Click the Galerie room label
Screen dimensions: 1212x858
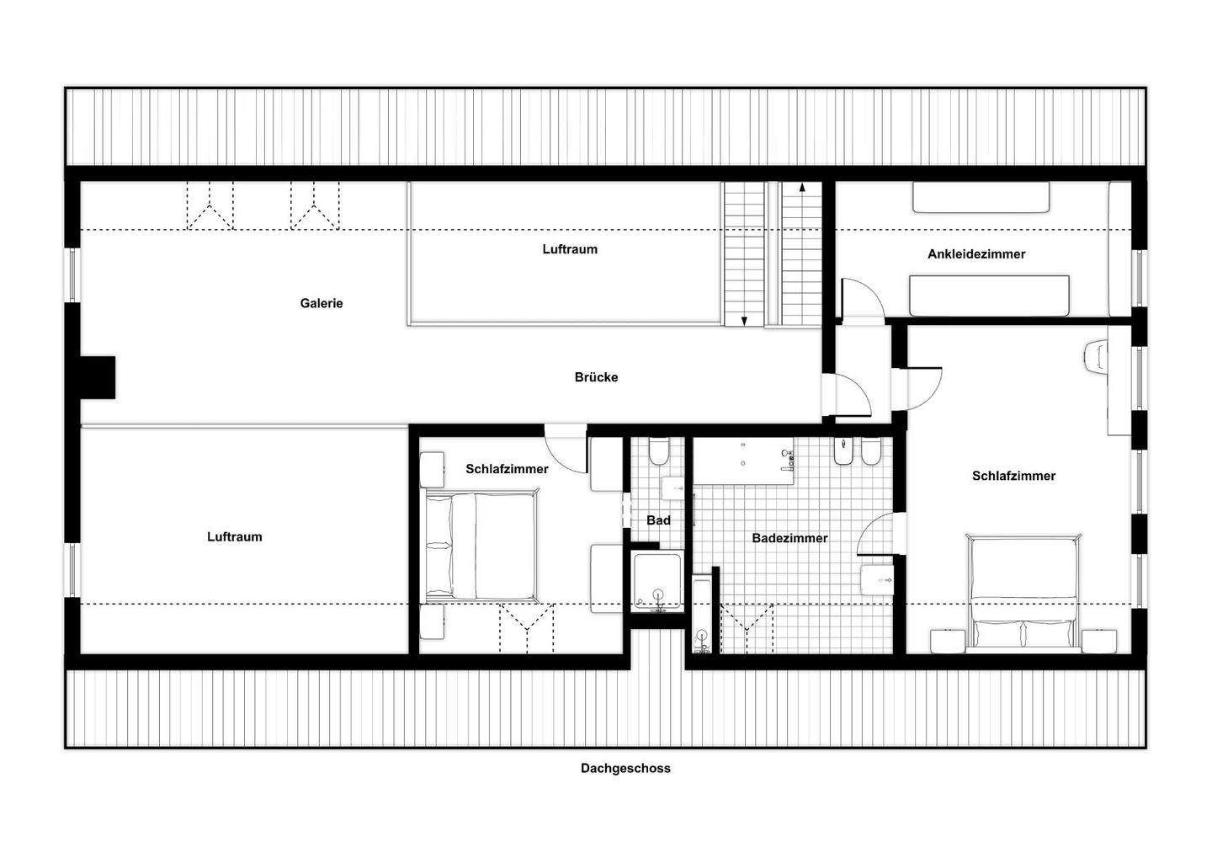(x=322, y=303)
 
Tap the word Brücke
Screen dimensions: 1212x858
(x=596, y=377)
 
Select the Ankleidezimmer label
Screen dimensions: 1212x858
(x=976, y=254)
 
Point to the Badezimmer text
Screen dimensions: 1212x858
(x=789, y=538)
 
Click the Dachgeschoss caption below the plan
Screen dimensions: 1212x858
(x=625, y=768)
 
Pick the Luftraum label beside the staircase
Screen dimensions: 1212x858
(x=570, y=249)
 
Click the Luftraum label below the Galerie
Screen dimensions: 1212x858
(x=234, y=536)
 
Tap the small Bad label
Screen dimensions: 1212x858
(x=658, y=520)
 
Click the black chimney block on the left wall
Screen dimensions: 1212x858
(x=98, y=377)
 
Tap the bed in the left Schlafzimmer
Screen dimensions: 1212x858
(x=481, y=546)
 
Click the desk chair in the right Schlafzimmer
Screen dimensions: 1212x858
(x=1095, y=356)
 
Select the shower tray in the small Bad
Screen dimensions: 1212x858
(x=657, y=582)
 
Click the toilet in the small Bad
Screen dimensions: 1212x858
(x=658, y=451)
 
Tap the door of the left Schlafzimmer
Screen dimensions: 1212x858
(x=565, y=450)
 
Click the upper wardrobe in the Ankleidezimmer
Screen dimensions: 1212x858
(x=981, y=198)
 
